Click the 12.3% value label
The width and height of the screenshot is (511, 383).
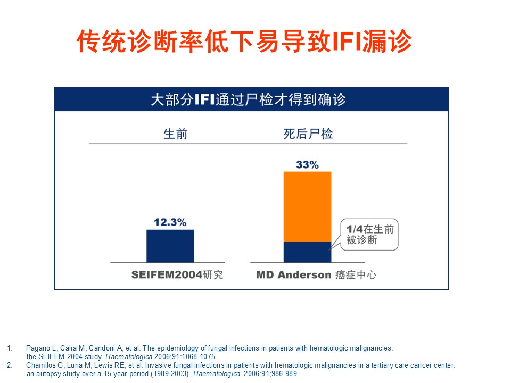(x=170, y=222)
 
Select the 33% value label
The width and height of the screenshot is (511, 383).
(x=307, y=165)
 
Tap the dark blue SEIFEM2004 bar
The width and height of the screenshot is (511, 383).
(x=170, y=246)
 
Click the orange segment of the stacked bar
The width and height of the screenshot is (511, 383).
(x=307, y=206)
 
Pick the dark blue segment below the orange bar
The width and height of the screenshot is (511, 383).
(x=307, y=252)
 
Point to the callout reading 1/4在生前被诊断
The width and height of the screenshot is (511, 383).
(x=369, y=235)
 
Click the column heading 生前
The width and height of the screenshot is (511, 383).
(x=175, y=134)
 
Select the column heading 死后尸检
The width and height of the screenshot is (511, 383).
(x=308, y=134)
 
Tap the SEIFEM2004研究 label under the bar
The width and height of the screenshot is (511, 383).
(x=177, y=275)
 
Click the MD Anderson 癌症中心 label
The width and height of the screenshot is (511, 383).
(x=316, y=275)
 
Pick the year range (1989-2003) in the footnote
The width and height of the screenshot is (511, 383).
(x=170, y=373)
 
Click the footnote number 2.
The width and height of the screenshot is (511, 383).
(x=10, y=365)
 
